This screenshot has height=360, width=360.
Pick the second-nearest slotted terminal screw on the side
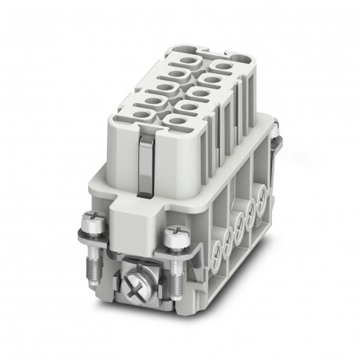click(226, 229)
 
